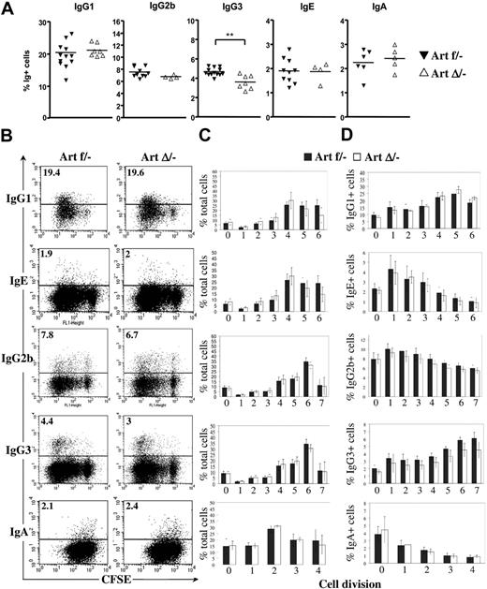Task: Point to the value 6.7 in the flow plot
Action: click(x=130, y=348)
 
